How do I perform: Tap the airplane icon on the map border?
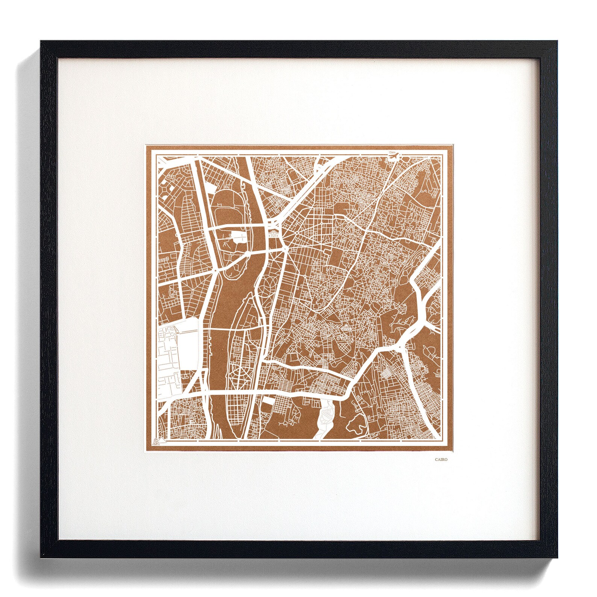click(393, 158)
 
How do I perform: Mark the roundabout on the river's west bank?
click(215, 270)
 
